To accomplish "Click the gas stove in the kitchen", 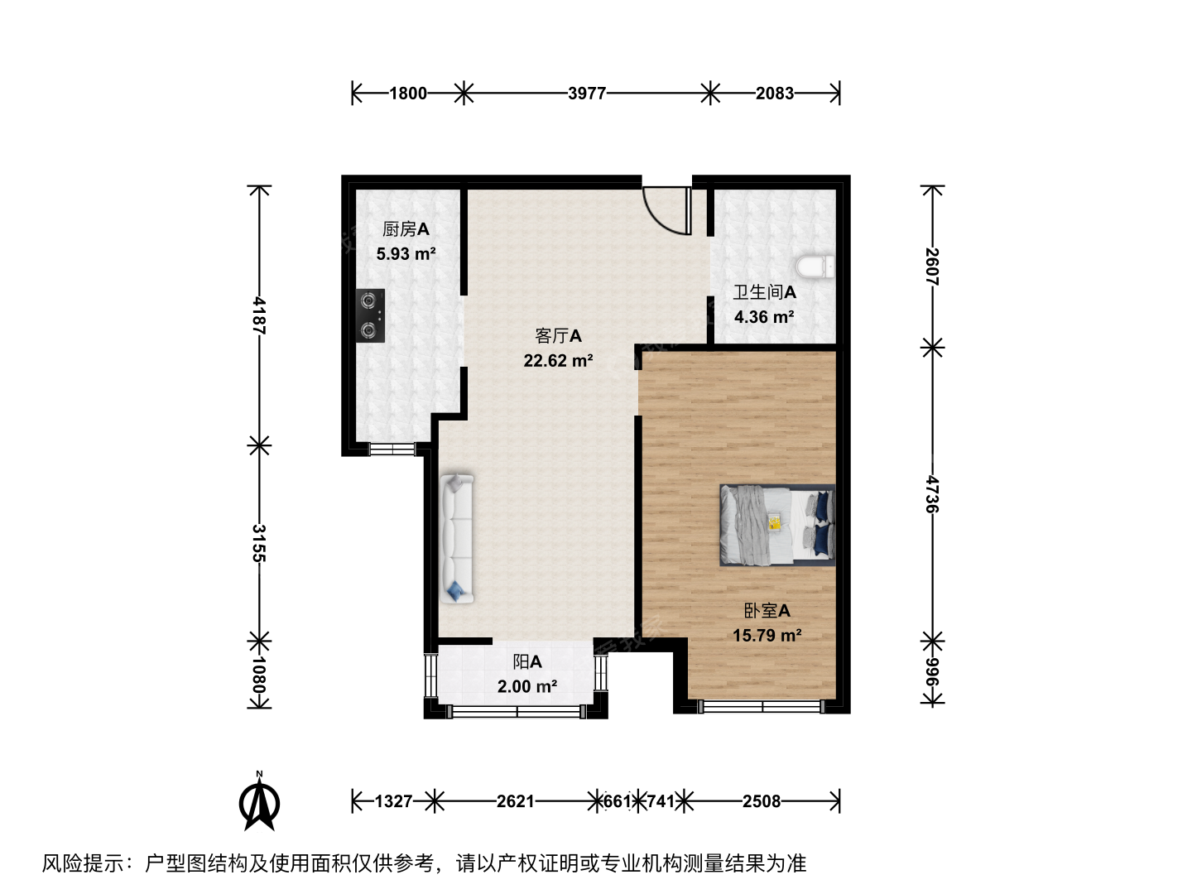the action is [x=370, y=315].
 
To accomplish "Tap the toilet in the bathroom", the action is [x=815, y=267].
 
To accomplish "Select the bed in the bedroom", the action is [x=777, y=525].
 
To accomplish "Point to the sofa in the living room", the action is [x=457, y=538].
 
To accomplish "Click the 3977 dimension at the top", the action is [x=587, y=94].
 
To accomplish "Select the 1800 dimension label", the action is [x=408, y=94].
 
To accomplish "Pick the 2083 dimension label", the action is [x=775, y=94].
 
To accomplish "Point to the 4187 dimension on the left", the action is [x=259, y=315].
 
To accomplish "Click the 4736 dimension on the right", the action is [x=932, y=494].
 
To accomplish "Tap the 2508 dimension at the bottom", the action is [x=762, y=801].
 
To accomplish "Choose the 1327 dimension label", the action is [x=394, y=801].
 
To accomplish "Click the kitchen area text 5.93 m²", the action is [x=406, y=253].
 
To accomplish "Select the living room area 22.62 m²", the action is [x=558, y=360].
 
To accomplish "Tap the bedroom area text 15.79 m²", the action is [x=767, y=635].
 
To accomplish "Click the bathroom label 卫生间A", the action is [x=765, y=292].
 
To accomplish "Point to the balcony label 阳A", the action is [x=527, y=661].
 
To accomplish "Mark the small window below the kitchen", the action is [x=392, y=449].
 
